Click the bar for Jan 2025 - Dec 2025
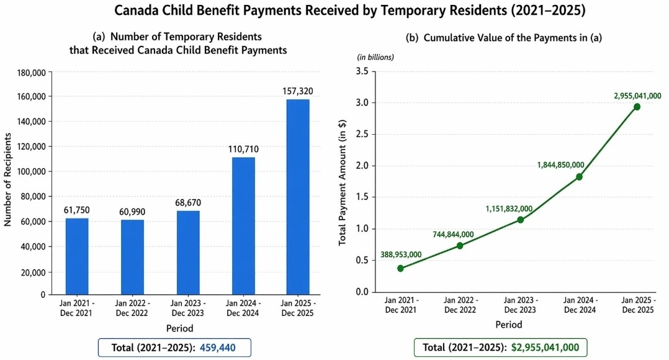pos(298,196)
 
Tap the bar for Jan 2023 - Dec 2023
pos(188,253)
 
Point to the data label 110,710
pos(243,149)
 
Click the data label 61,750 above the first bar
pos(77,210)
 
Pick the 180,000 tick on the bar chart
pos(32,73)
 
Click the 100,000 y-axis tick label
pos(32,172)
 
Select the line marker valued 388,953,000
pos(401,268)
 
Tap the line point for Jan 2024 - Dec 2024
pos(578,177)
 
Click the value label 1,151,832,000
pos(509,209)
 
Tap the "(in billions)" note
pos(375,57)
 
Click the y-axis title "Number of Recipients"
pos(9,184)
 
